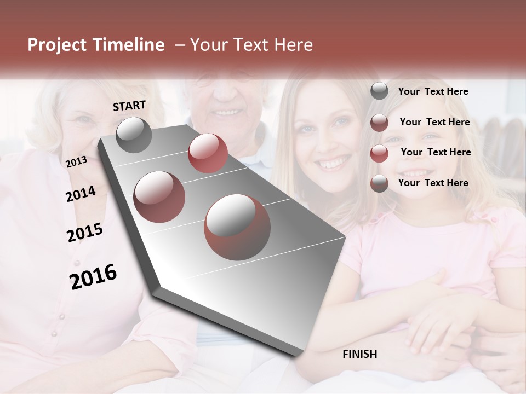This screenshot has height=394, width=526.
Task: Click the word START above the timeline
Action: pyautogui.click(x=129, y=106)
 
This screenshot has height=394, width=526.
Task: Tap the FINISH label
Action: pyautogui.click(x=360, y=354)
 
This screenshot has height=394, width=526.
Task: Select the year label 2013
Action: pyautogui.click(x=76, y=162)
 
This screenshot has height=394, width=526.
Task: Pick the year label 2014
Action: pyautogui.click(x=81, y=194)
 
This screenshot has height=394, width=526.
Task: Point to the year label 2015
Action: pyautogui.click(x=85, y=233)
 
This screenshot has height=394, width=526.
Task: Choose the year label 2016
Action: pyautogui.click(x=93, y=276)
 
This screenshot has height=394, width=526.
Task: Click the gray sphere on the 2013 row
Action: pyautogui.click(x=134, y=135)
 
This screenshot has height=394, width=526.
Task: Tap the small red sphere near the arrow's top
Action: pyautogui.click(x=208, y=153)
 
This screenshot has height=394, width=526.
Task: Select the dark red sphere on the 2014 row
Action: pyautogui.click(x=159, y=196)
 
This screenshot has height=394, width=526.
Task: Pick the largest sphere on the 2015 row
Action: pyautogui.click(x=237, y=227)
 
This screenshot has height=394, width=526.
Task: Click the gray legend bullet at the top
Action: pyautogui.click(x=379, y=91)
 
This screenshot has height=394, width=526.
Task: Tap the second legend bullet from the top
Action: pyautogui.click(x=379, y=123)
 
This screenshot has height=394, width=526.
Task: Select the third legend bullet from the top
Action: pyautogui.click(x=379, y=153)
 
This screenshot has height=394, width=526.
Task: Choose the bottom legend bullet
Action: pyautogui.click(x=379, y=183)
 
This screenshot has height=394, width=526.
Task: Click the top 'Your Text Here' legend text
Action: pyautogui.click(x=433, y=91)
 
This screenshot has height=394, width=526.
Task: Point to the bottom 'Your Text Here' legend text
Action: pyautogui.click(x=433, y=183)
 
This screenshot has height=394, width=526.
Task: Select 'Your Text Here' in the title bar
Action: pyautogui.click(x=251, y=45)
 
